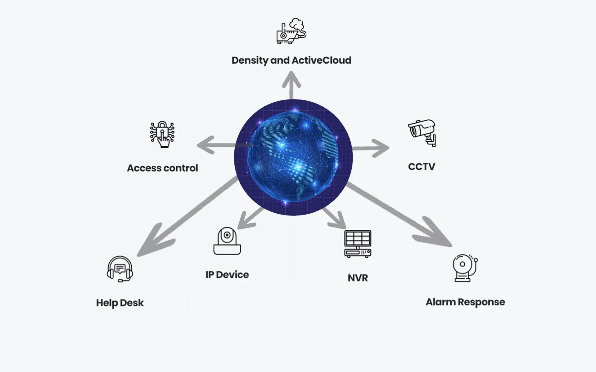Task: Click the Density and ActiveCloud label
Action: coord(291,60)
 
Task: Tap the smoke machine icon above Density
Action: coord(291,31)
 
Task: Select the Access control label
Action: coord(162,168)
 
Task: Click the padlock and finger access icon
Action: coord(162,134)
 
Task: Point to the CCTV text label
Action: coord(422,166)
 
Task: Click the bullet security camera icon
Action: coord(422,132)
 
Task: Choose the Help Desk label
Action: coord(120,303)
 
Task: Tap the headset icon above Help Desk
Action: coord(120,269)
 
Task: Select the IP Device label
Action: coord(227,275)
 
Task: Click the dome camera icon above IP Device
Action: coord(227,241)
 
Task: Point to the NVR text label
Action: coord(358,278)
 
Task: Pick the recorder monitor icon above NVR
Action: coord(358,244)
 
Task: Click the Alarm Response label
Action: coord(465,302)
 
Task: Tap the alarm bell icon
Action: coord(464,268)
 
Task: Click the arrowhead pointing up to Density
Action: coord(291,79)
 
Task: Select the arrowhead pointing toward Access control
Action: coord(206,145)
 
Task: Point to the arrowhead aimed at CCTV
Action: coord(381,148)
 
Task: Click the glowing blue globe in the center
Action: coord(293,157)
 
